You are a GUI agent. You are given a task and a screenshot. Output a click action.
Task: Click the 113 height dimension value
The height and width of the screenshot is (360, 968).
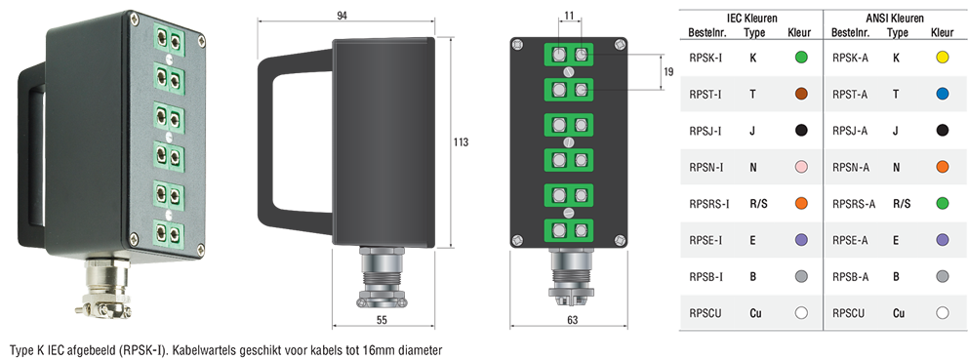pyautogui.click(x=461, y=142)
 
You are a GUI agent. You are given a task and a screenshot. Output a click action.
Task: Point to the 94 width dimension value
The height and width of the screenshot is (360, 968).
pyautogui.click(x=342, y=16)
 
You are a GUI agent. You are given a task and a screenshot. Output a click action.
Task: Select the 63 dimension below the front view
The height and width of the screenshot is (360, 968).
pyautogui.click(x=572, y=319)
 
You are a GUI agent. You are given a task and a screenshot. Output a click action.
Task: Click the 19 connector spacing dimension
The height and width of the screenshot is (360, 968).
pyautogui.click(x=668, y=72)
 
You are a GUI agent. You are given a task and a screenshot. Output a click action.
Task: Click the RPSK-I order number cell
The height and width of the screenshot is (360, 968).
pyautogui.click(x=705, y=58)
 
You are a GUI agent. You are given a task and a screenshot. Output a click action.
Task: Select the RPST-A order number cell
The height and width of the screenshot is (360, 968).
pyautogui.click(x=850, y=95)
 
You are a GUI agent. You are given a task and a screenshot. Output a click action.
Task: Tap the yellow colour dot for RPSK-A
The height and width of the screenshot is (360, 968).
pyautogui.click(x=942, y=58)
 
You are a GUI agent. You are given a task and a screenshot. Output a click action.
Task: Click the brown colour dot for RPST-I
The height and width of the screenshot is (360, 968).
pyautogui.click(x=801, y=95)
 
